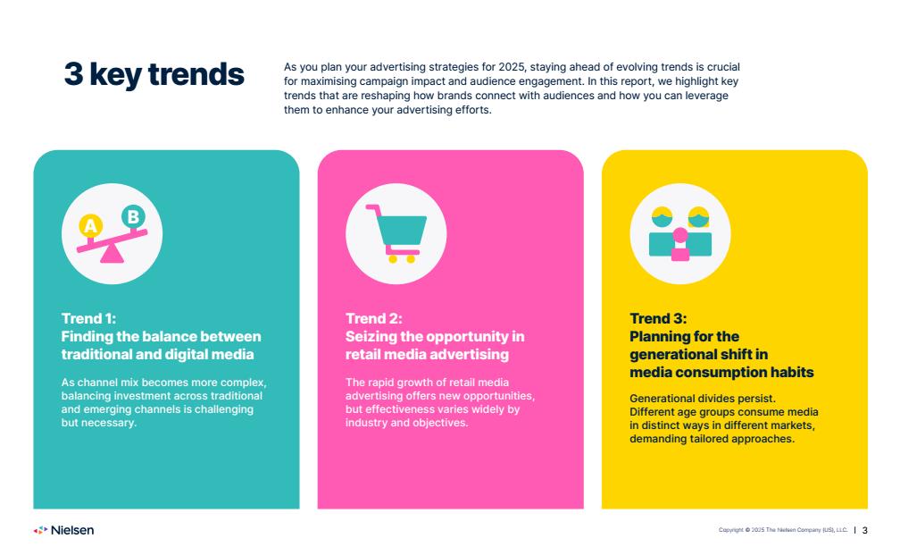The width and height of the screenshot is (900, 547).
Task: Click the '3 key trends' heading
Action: (x=154, y=75)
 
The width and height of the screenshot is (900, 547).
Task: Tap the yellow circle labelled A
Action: (x=91, y=226)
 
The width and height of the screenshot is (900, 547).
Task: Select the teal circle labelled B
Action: (x=133, y=216)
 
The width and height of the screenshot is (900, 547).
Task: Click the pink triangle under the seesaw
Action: (x=112, y=254)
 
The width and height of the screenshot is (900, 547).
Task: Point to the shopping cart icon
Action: (x=396, y=233)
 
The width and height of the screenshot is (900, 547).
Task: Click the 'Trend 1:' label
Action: (x=88, y=318)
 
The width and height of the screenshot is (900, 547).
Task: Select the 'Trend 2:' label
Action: (x=373, y=318)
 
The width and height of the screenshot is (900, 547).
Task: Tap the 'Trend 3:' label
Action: (x=658, y=318)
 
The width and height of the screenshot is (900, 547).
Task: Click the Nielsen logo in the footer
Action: (x=63, y=530)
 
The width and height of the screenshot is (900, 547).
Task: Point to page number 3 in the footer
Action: (x=865, y=530)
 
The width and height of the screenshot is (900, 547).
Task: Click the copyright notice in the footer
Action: (x=783, y=530)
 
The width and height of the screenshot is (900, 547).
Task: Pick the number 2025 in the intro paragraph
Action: (x=511, y=67)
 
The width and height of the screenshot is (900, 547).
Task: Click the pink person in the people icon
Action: (x=680, y=244)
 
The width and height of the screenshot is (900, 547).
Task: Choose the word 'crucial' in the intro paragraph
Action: (x=722, y=67)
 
